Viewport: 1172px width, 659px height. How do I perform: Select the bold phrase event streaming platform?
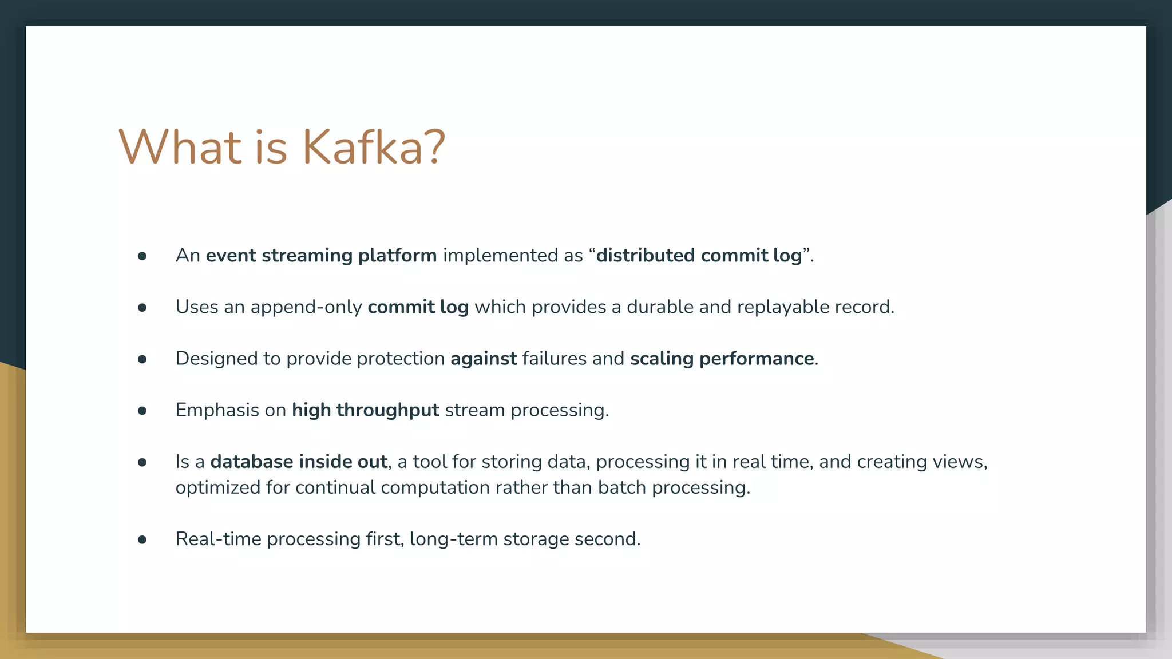pyautogui.click(x=321, y=255)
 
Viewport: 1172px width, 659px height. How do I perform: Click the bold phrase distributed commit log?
pyautogui.click(x=699, y=255)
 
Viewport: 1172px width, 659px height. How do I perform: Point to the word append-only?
pyautogui.click(x=306, y=307)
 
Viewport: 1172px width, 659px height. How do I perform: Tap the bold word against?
pyautogui.click(x=484, y=359)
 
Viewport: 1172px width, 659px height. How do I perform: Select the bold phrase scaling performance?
pyautogui.click(x=722, y=359)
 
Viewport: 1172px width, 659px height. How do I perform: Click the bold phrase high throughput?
pyautogui.click(x=365, y=410)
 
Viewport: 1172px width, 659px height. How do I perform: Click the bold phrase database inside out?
pyautogui.click(x=299, y=462)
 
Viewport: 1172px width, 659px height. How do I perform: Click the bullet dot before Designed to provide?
pyautogui.click(x=142, y=359)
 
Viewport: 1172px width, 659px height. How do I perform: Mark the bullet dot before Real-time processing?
pyautogui.click(x=142, y=539)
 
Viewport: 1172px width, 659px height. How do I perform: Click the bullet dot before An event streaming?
pyautogui.click(x=142, y=256)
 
